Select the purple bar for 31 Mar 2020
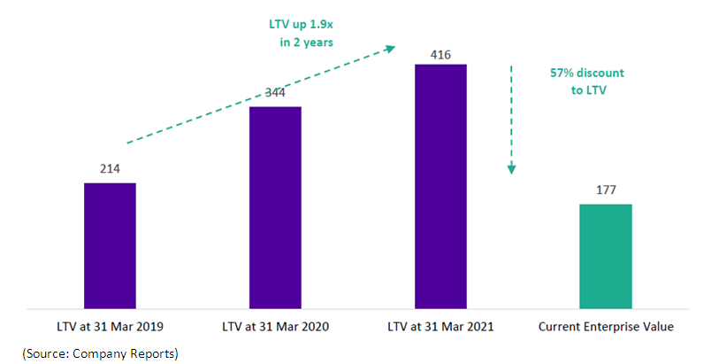[275, 207]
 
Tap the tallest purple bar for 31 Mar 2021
[440, 186]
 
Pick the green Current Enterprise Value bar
[606, 256]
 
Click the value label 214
[110, 168]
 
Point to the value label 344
[275, 92]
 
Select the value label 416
[440, 55]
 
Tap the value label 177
[606, 190]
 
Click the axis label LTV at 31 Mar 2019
[110, 327]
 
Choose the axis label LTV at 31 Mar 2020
[275, 327]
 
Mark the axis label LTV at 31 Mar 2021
[440, 327]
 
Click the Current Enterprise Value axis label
[606, 327]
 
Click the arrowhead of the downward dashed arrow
[510, 169]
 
